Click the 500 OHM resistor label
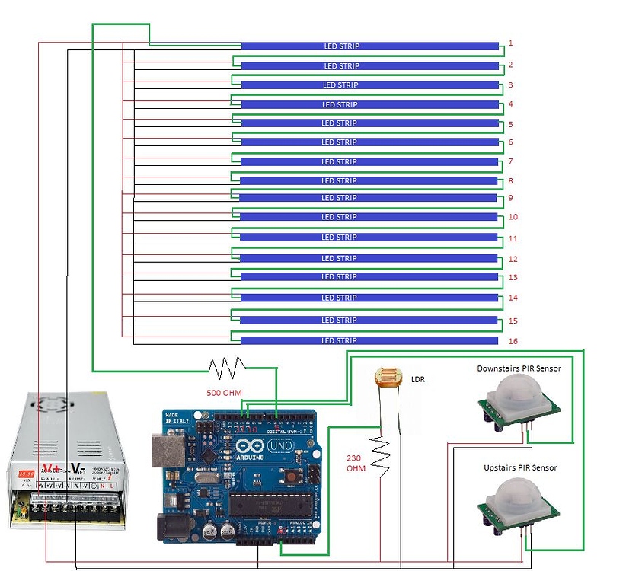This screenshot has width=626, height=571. [x=225, y=394]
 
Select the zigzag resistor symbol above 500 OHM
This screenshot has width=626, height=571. [x=227, y=368]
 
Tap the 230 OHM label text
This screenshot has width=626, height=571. [x=356, y=463]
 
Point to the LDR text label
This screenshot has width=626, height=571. [x=418, y=378]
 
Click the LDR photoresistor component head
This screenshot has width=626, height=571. [x=386, y=379]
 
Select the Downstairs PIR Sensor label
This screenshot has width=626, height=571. [x=519, y=368]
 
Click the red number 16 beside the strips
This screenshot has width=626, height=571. [x=514, y=341]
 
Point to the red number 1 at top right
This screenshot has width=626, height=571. [x=510, y=43]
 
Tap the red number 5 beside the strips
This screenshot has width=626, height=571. [x=510, y=124]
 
